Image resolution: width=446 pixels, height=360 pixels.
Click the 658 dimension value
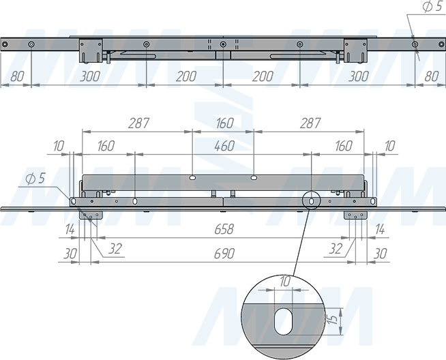(224, 229)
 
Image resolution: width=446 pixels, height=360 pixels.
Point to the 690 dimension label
(224, 254)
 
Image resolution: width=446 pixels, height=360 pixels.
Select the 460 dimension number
(224, 146)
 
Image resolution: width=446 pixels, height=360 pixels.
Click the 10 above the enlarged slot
(285, 282)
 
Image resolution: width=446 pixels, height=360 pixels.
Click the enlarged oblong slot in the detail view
(283, 321)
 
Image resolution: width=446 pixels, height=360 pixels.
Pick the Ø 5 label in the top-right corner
(432, 7)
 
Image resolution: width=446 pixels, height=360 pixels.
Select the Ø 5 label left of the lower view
(35, 179)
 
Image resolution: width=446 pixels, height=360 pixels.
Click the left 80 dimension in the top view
(17, 76)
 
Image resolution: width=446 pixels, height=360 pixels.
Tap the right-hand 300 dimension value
(359, 76)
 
